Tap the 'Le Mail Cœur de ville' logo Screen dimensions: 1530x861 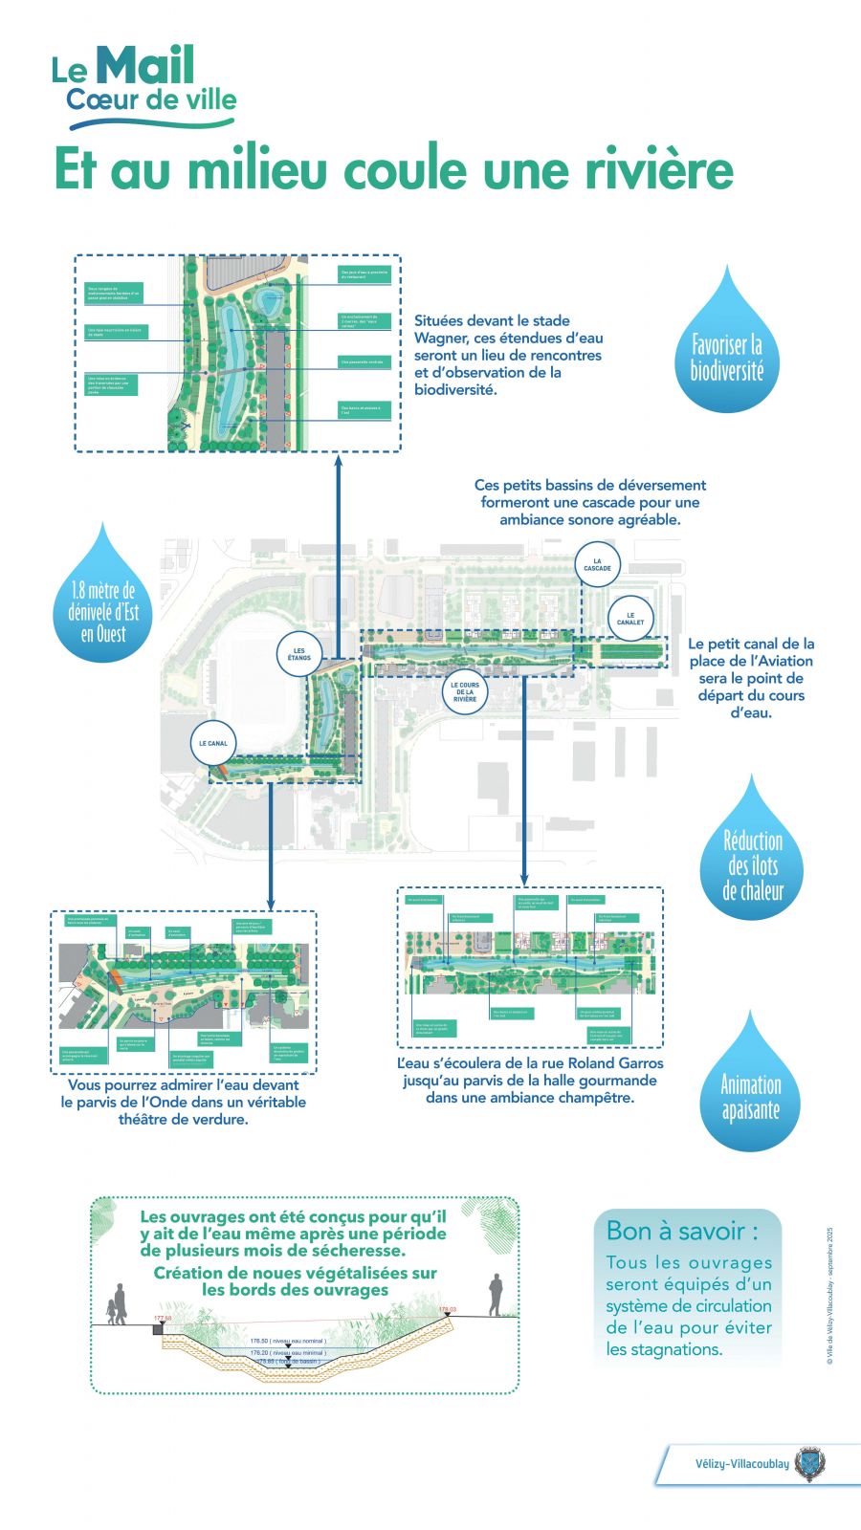click(x=143, y=88)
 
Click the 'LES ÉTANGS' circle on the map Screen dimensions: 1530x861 click(x=299, y=655)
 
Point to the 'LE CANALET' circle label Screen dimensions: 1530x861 click(x=630, y=619)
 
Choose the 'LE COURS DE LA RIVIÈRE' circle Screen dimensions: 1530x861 click(x=465, y=692)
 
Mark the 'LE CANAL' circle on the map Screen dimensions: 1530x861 click(x=213, y=743)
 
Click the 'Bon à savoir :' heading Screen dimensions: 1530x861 click(x=682, y=1231)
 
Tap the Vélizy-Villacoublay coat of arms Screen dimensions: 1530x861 click(x=809, y=1464)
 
